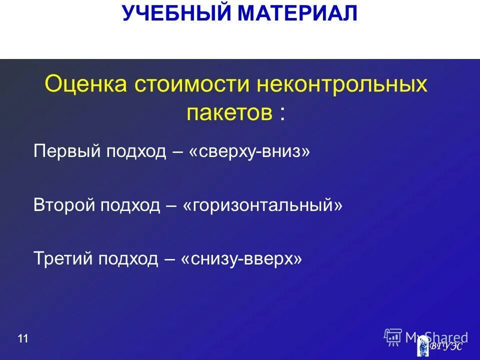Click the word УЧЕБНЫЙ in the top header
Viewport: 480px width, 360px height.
(177, 13)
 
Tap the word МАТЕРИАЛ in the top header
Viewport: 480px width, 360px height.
(298, 13)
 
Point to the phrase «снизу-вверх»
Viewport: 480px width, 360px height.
(241, 258)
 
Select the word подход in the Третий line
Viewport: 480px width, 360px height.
(128, 258)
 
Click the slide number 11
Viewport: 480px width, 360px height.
(22, 339)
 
